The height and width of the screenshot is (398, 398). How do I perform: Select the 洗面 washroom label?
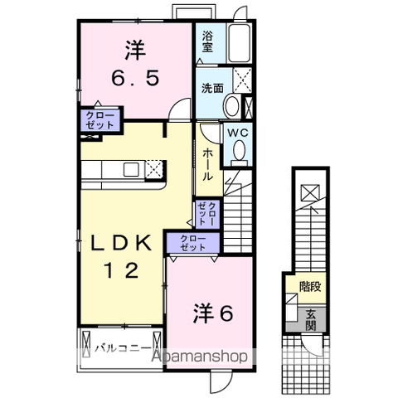(x=210, y=86)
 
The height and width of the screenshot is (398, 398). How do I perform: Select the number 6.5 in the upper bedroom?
(x=134, y=80)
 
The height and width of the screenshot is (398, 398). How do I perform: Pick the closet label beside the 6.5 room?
(x=100, y=119)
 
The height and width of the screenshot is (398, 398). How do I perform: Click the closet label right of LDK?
(x=207, y=214)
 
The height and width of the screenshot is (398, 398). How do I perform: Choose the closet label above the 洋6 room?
(x=192, y=243)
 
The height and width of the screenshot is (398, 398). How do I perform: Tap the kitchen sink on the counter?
(x=132, y=170)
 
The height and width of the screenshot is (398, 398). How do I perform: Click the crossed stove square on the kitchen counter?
(x=153, y=170)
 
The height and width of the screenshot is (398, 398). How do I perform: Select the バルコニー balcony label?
(x=121, y=347)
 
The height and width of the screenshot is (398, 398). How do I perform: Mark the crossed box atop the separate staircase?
(x=309, y=192)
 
